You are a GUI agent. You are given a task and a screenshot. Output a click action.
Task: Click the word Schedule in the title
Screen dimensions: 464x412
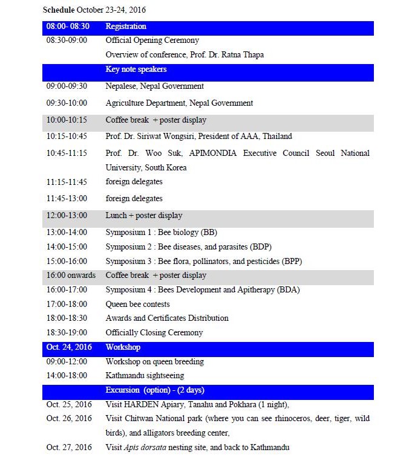(x=59, y=10)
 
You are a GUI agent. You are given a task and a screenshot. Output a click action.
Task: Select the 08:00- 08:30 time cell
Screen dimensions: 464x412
(x=68, y=27)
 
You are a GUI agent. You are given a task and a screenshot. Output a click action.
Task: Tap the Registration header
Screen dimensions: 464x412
(x=126, y=27)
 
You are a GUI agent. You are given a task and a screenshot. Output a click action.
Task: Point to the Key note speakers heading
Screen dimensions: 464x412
(x=136, y=69)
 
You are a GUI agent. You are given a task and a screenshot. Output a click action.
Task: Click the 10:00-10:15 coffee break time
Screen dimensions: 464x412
(x=66, y=120)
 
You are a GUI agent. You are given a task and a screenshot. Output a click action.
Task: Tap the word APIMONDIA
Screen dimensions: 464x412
(x=212, y=153)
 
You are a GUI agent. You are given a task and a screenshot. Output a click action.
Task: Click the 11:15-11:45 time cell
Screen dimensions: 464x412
(x=66, y=182)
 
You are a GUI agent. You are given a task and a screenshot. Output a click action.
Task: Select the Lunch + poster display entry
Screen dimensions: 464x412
(x=143, y=215)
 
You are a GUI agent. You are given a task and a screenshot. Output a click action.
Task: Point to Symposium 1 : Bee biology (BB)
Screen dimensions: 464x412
(x=161, y=232)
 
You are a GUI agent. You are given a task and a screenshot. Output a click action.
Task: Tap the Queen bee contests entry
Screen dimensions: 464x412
(x=137, y=304)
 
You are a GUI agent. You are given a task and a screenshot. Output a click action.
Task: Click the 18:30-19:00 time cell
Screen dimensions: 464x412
(x=66, y=332)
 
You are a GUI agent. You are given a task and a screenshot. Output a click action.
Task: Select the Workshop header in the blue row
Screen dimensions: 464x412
(x=123, y=347)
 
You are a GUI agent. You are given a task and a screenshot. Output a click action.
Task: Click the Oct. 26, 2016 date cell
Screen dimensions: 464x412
(x=69, y=418)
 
